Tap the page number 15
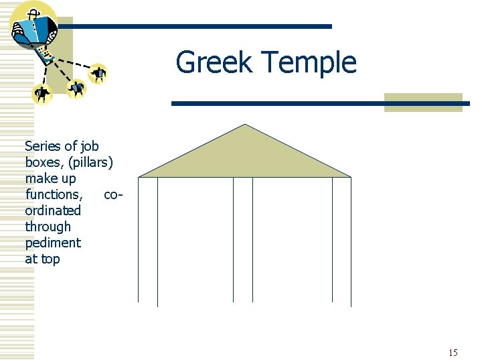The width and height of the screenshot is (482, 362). [x=453, y=353]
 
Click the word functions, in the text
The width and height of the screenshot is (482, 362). [x=54, y=194]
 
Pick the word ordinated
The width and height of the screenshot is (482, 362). [x=53, y=210]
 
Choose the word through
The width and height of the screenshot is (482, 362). [x=48, y=227]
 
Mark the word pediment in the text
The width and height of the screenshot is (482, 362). [x=53, y=243]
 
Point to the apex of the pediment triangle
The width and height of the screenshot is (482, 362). [x=245, y=125]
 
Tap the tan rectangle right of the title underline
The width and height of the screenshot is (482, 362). [x=423, y=102]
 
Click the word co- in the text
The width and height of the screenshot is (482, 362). [x=113, y=194]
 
